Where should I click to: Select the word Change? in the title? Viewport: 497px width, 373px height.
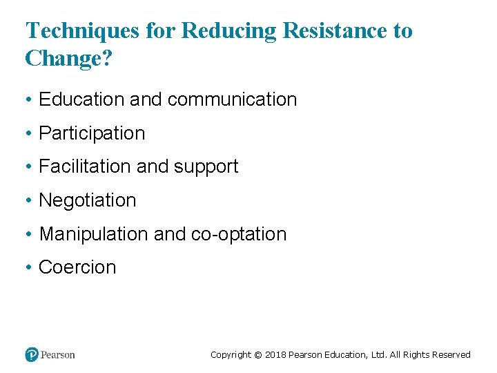pyautogui.click(x=68, y=58)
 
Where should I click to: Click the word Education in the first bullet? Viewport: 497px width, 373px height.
pyautogui.click(x=82, y=99)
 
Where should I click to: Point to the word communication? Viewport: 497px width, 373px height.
pyautogui.click(x=232, y=99)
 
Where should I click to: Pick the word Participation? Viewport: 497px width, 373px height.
pyautogui.click(x=92, y=133)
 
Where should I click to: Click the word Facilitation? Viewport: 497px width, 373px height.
pyautogui.click(x=86, y=166)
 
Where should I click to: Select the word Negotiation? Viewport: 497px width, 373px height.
pyautogui.click(x=88, y=200)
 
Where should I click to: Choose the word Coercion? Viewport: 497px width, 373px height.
pyautogui.click(x=77, y=267)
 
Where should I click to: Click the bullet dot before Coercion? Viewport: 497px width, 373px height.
pyautogui.click(x=29, y=268)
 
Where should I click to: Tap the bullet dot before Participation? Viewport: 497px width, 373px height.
pyautogui.click(x=29, y=134)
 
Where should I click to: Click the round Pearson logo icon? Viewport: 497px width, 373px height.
pyautogui.click(x=32, y=354)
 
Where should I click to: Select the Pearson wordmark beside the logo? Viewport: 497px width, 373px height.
pyautogui.click(x=58, y=355)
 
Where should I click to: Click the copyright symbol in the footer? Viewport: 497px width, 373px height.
pyautogui.click(x=257, y=355)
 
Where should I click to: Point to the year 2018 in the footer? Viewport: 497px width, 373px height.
pyautogui.click(x=275, y=355)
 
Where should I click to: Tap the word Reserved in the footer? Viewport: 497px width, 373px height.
pyautogui.click(x=451, y=355)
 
